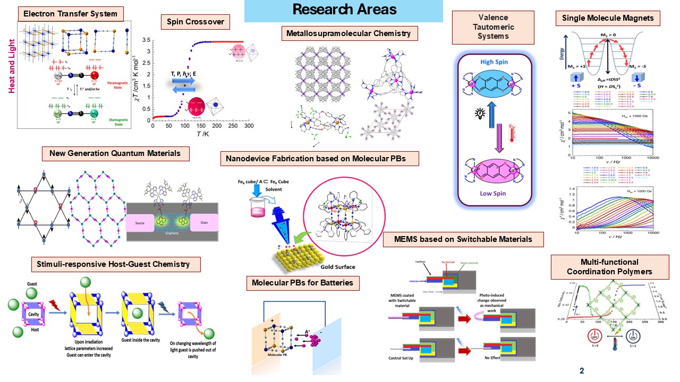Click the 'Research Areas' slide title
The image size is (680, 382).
[344, 10]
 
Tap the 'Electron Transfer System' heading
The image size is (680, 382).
[71, 13]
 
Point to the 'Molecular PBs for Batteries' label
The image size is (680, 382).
[303, 283]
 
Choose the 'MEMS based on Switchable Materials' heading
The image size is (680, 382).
[463, 239]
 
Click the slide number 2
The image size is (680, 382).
[582, 370]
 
